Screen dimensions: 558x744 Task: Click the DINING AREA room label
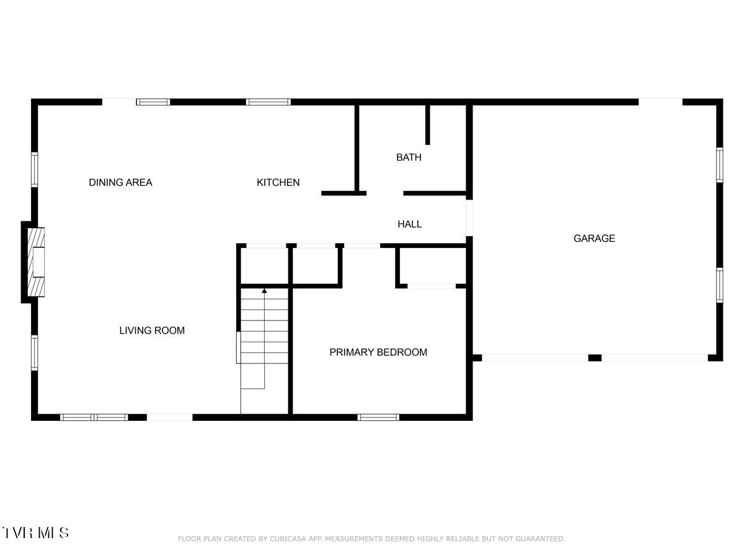pos(120,182)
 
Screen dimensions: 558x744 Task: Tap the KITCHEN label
pos(278,182)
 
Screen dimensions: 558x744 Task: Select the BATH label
pos(409,157)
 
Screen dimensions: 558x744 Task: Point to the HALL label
pos(409,224)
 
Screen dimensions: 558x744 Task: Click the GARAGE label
pos(594,239)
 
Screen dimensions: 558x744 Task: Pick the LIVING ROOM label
pos(152,331)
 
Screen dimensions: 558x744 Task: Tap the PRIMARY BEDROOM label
pos(378,353)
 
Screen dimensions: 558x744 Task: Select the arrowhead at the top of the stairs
pos(265,290)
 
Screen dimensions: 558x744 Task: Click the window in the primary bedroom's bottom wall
pos(378,417)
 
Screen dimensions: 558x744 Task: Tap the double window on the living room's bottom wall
pos(94,417)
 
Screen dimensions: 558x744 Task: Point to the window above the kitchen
pos(268,102)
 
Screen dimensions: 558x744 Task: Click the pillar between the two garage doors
pos(595,358)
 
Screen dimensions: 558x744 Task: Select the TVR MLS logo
pos(35,533)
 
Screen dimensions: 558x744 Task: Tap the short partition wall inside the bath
pos(428,124)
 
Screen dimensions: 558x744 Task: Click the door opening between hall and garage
pos(469,218)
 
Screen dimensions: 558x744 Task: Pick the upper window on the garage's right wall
pos(720,164)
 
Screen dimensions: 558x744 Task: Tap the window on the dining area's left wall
pos(35,170)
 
